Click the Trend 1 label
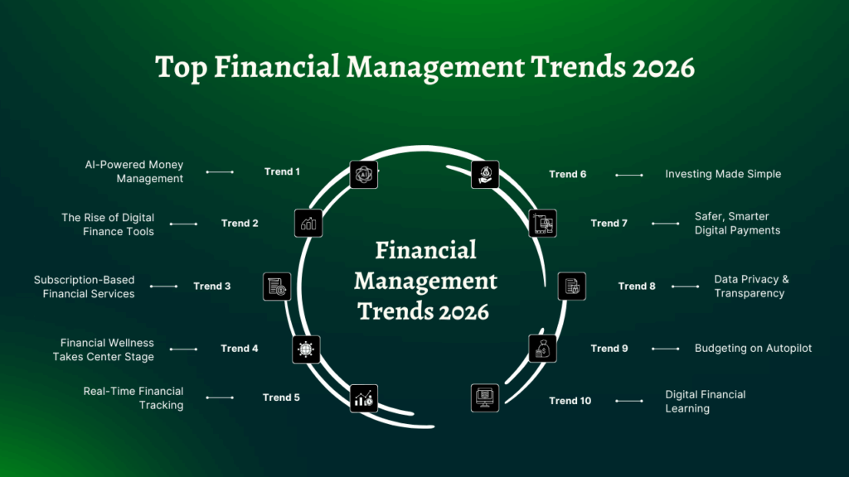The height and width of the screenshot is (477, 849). pos(282,171)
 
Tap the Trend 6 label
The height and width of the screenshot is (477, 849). pos(567,174)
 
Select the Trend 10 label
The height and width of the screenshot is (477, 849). pos(570,401)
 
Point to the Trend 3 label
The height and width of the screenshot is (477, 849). pos(212,287)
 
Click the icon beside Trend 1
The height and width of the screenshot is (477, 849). pos(363,174)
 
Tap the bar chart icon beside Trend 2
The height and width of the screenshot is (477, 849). pos(308,223)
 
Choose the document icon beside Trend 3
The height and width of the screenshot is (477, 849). pos(276,287)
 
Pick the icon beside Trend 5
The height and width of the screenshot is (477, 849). pos(363,398)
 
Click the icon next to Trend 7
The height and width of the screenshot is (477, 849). pos(542,223)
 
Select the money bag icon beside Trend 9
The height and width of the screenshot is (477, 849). pos(542,349)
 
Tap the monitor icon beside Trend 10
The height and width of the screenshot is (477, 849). pos(485,398)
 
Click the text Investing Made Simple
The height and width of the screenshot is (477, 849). pos(723,174)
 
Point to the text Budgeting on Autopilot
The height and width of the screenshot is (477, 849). pos(753,349)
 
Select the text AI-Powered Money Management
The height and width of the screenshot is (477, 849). pos(133,171)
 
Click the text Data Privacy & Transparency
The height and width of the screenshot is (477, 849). pos(751,287)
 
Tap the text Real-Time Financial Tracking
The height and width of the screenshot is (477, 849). pos(133,398)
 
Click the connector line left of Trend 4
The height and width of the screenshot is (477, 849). pos(183,349)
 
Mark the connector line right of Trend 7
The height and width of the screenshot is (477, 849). pos(665,224)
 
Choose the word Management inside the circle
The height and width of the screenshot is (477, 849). pos(425,281)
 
